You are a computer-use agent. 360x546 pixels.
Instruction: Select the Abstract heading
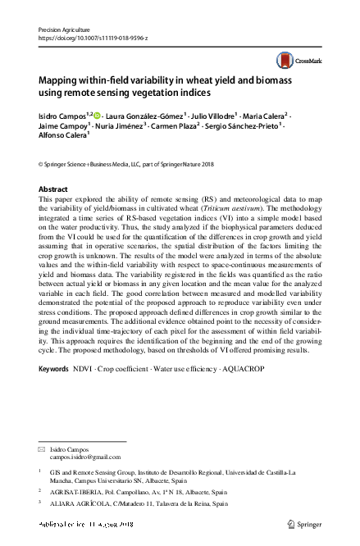tap(53, 189)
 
